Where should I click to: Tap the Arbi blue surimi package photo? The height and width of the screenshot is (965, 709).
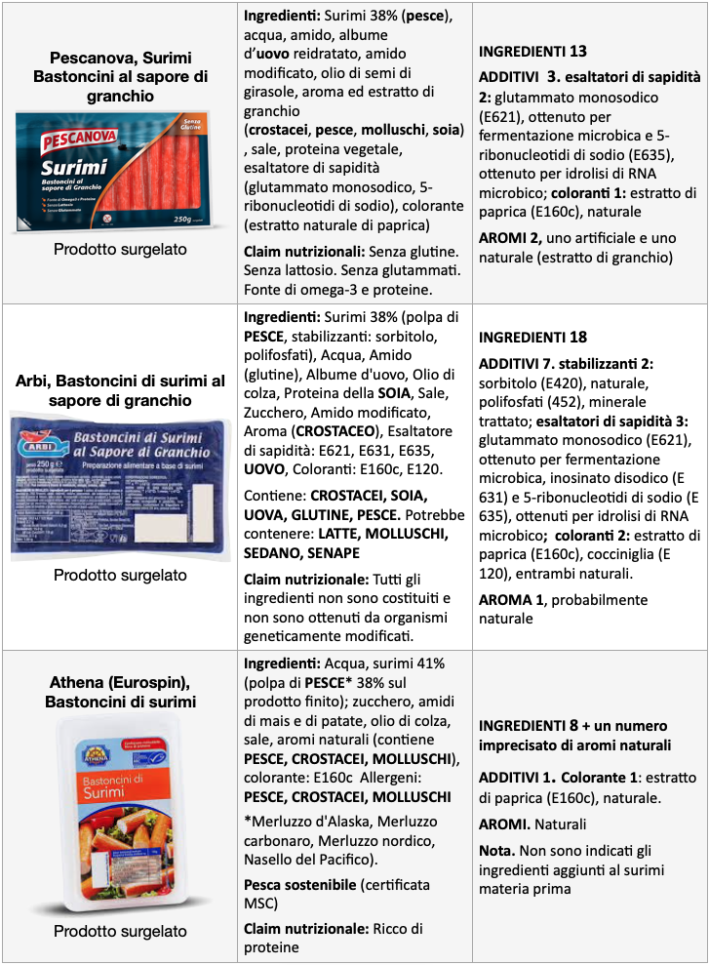[x=119, y=484]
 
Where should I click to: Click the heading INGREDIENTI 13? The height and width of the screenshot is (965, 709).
[x=532, y=52]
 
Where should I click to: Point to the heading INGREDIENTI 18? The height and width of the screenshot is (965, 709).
[x=532, y=338]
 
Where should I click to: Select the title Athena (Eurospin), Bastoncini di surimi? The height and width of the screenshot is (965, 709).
[x=120, y=692]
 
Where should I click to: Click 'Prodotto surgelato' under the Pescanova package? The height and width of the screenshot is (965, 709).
[x=120, y=249]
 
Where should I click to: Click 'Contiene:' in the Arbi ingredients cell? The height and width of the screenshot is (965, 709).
[x=276, y=495]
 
